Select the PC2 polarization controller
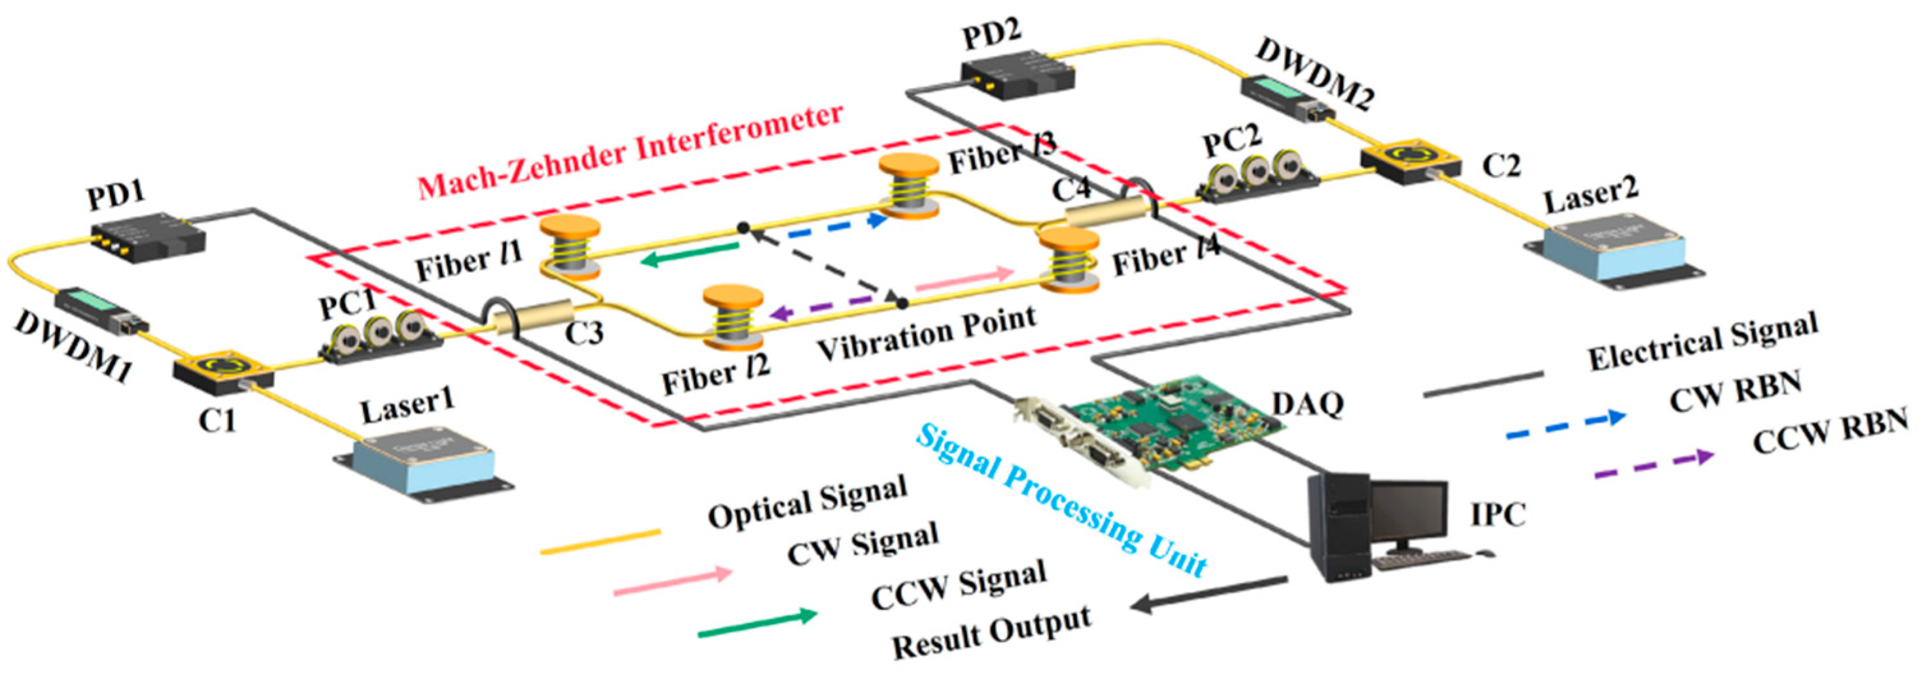[x=1257, y=176]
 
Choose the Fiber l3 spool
[x=909, y=187]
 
